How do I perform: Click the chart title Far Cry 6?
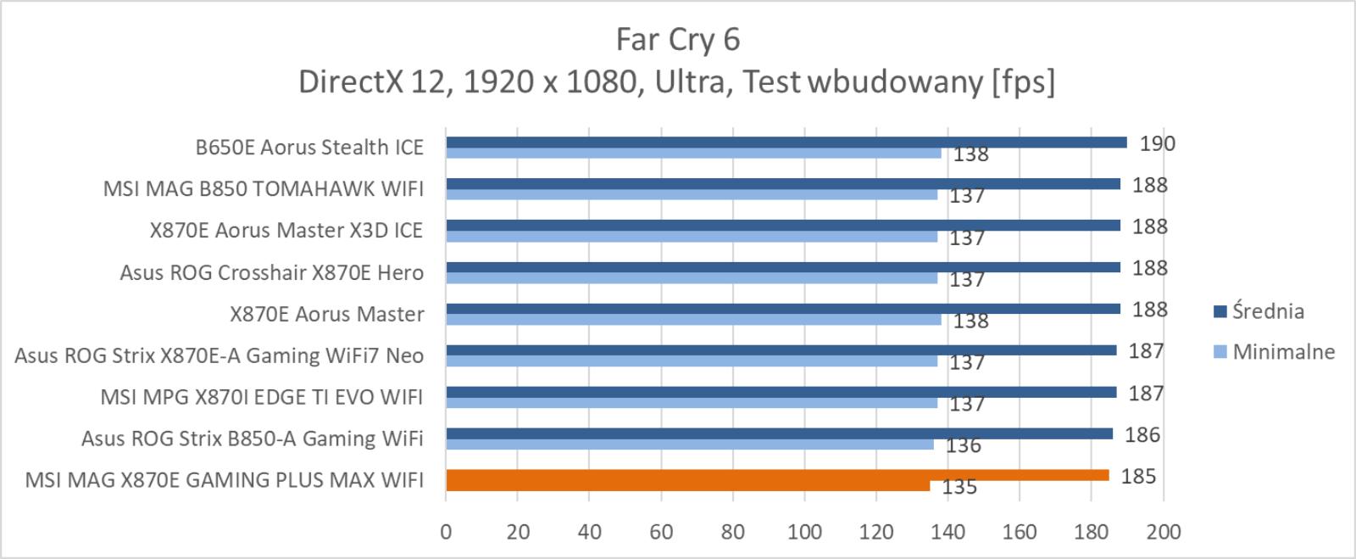(x=677, y=40)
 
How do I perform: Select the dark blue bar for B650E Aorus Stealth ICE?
(x=786, y=143)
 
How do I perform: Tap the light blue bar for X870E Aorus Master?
(x=694, y=319)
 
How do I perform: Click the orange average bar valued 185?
(x=777, y=475)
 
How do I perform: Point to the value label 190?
(x=1158, y=143)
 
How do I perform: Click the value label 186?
(x=1142, y=435)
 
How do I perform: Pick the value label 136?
(x=963, y=445)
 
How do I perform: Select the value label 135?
(x=959, y=487)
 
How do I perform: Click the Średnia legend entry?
(x=1259, y=311)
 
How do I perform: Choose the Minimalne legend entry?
(x=1275, y=352)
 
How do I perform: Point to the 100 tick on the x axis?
(x=804, y=532)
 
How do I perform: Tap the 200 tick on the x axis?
(x=1163, y=532)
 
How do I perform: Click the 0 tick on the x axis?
(x=446, y=532)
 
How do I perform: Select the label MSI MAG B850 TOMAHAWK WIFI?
(x=264, y=189)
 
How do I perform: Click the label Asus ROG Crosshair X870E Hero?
(x=272, y=272)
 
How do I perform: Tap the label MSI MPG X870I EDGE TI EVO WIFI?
(x=262, y=397)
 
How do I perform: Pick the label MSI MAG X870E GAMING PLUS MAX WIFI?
(x=224, y=480)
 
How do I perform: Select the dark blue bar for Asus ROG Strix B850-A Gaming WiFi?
(x=779, y=433)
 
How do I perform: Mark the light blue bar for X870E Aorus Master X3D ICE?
(x=692, y=236)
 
